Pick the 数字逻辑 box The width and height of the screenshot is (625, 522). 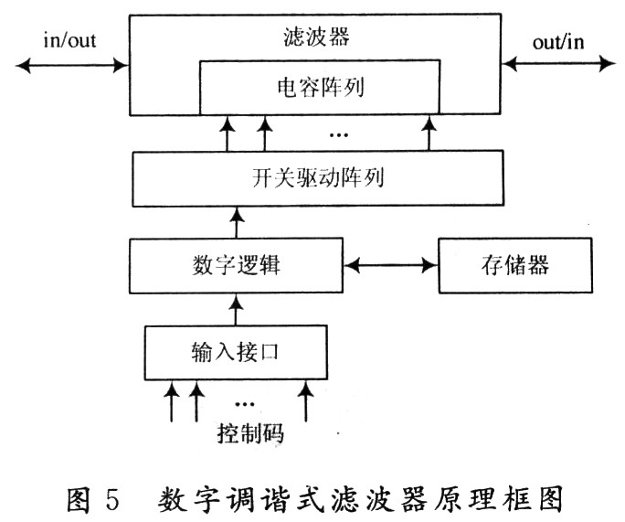(237, 265)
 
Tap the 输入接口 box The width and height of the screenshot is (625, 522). (236, 351)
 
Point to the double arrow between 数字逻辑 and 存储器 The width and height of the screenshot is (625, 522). (390, 266)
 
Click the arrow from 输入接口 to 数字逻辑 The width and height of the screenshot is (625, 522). (237, 309)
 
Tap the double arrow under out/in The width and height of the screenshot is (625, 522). (558, 63)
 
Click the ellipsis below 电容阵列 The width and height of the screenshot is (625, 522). (338, 137)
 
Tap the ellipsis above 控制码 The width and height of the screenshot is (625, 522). (245, 403)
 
